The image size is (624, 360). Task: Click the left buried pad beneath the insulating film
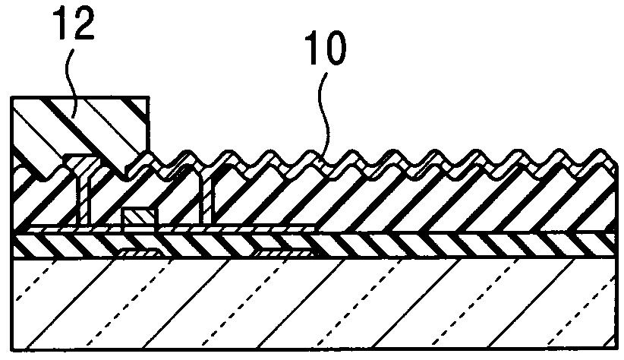(x=137, y=252)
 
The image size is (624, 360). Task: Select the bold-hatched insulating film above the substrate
(x=380, y=245)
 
